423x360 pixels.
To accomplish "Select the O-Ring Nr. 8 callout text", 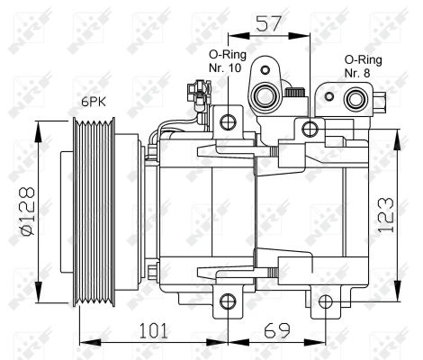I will pyautogui.click(x=363, y=65).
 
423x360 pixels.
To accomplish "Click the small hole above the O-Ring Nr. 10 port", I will pyautogui.click(x=266, y=68).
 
